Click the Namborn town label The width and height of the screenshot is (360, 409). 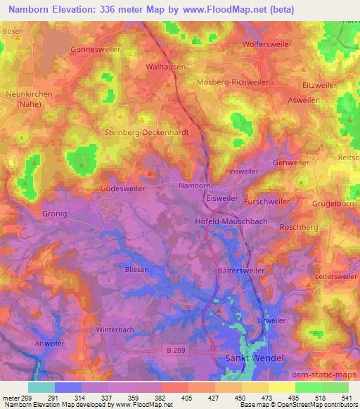(194, 186)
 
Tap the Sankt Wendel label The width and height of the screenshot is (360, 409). (255, 358)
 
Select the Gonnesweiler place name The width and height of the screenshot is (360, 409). (96, 51)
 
